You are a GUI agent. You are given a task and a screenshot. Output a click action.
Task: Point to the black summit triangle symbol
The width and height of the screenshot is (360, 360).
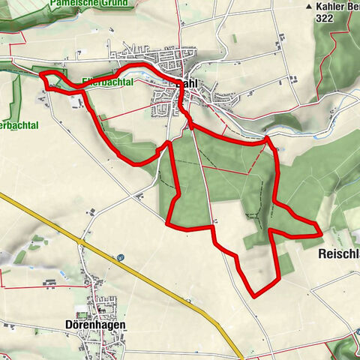coord(308,6)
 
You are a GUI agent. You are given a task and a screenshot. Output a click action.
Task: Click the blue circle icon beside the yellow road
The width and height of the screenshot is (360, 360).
coord(120,257)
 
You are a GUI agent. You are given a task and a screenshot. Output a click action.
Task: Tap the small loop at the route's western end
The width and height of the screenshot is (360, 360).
coord(49,80)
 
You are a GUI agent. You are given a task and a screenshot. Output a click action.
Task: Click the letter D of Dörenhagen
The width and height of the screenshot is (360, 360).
coord(58,325)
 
